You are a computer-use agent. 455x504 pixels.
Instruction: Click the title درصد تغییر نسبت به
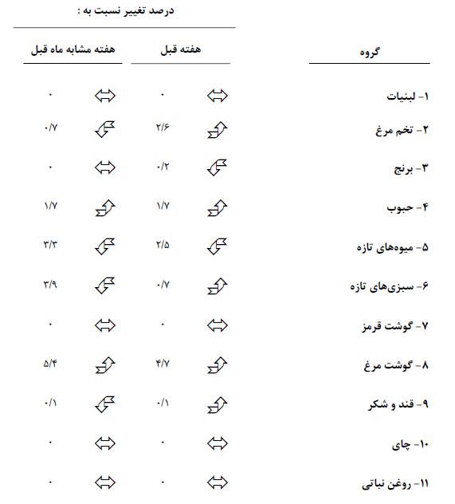124,11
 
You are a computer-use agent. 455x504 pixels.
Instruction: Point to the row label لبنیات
403,96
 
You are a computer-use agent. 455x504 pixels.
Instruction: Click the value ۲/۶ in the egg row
163,128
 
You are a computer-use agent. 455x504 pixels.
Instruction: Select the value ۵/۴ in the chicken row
50,364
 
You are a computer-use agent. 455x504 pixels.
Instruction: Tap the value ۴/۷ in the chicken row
163,364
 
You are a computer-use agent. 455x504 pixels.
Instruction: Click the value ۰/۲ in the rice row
163,167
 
